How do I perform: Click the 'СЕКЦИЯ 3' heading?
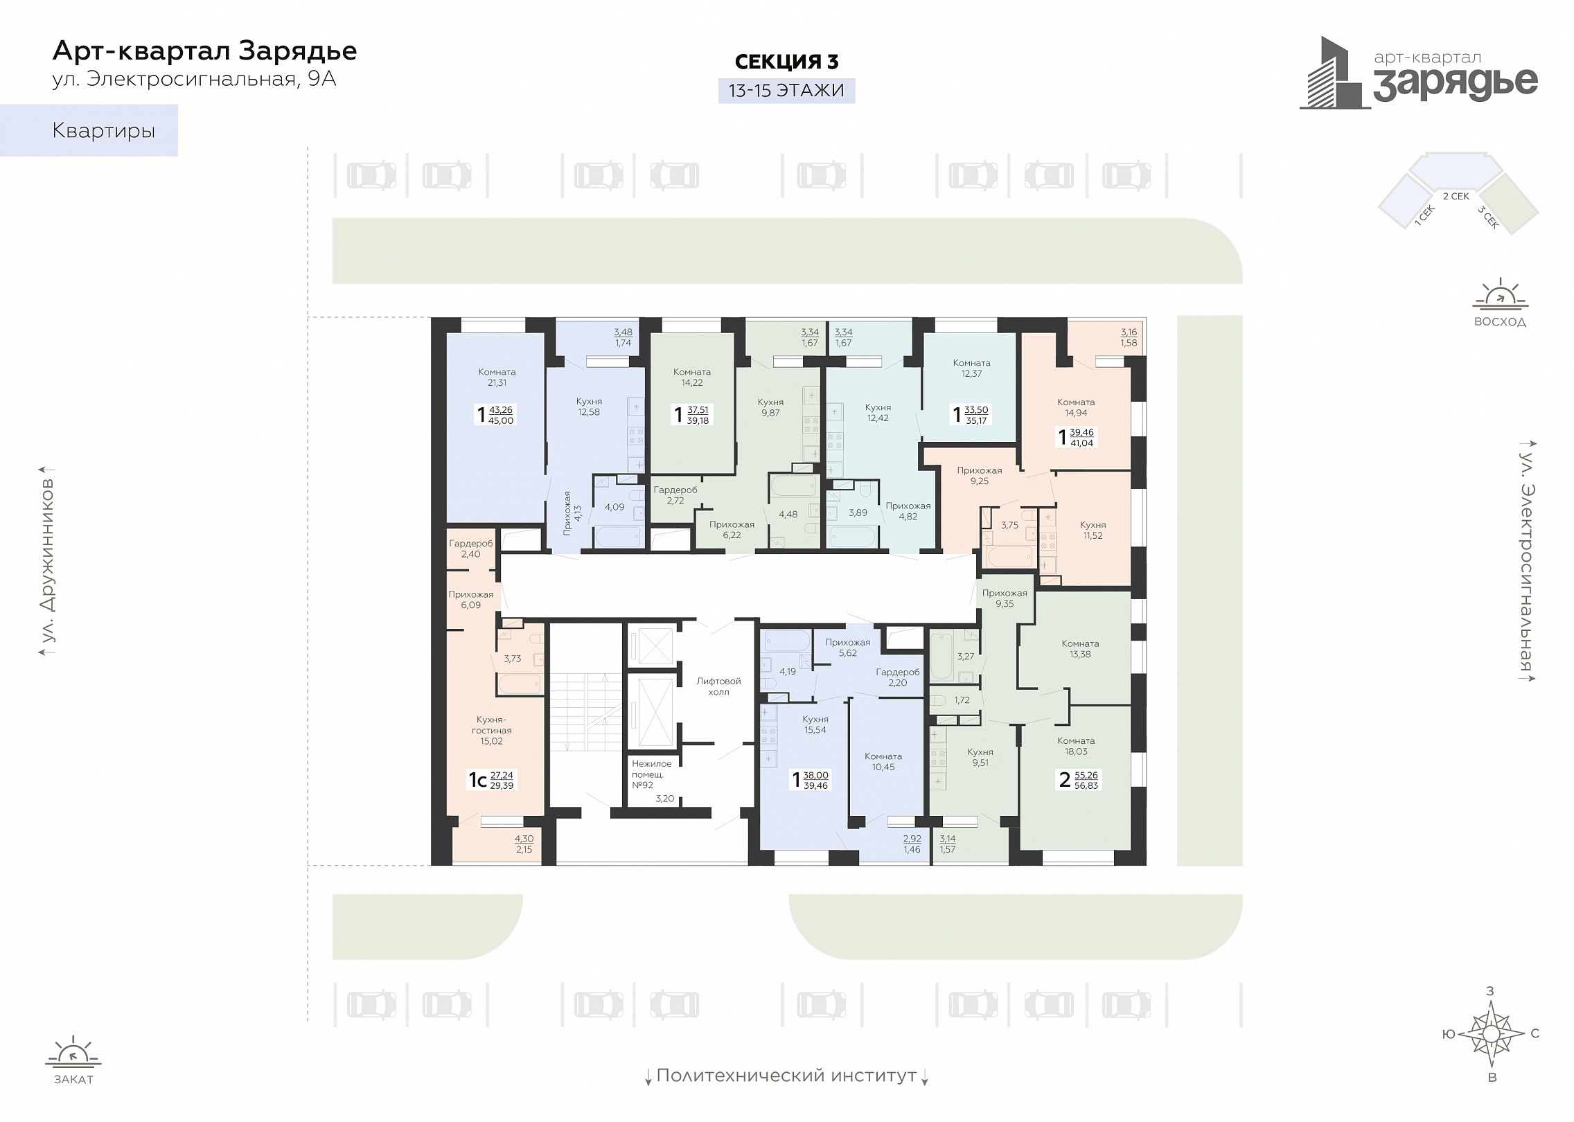pos(786,62)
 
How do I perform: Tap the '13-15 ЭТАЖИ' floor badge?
pos(786,91)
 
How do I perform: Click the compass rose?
pos(1492,1035)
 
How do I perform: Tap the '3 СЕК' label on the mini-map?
pos(1488,217)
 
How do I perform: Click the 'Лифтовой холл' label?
pos(718,686)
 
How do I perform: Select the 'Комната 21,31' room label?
pos(497,377)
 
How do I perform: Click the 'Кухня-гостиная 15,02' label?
pos(492,730)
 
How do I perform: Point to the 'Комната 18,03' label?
pos(1076,746)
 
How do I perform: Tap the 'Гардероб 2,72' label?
pos(675,495)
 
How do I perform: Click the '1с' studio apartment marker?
pos(477,780)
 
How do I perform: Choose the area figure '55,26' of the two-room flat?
pos(1086,775)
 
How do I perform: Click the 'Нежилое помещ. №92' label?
pos(651,774)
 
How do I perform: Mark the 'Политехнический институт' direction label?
pos(786,1076)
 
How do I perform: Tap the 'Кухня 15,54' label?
pos(815,724)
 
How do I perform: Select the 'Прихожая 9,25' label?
pos(980,475)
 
